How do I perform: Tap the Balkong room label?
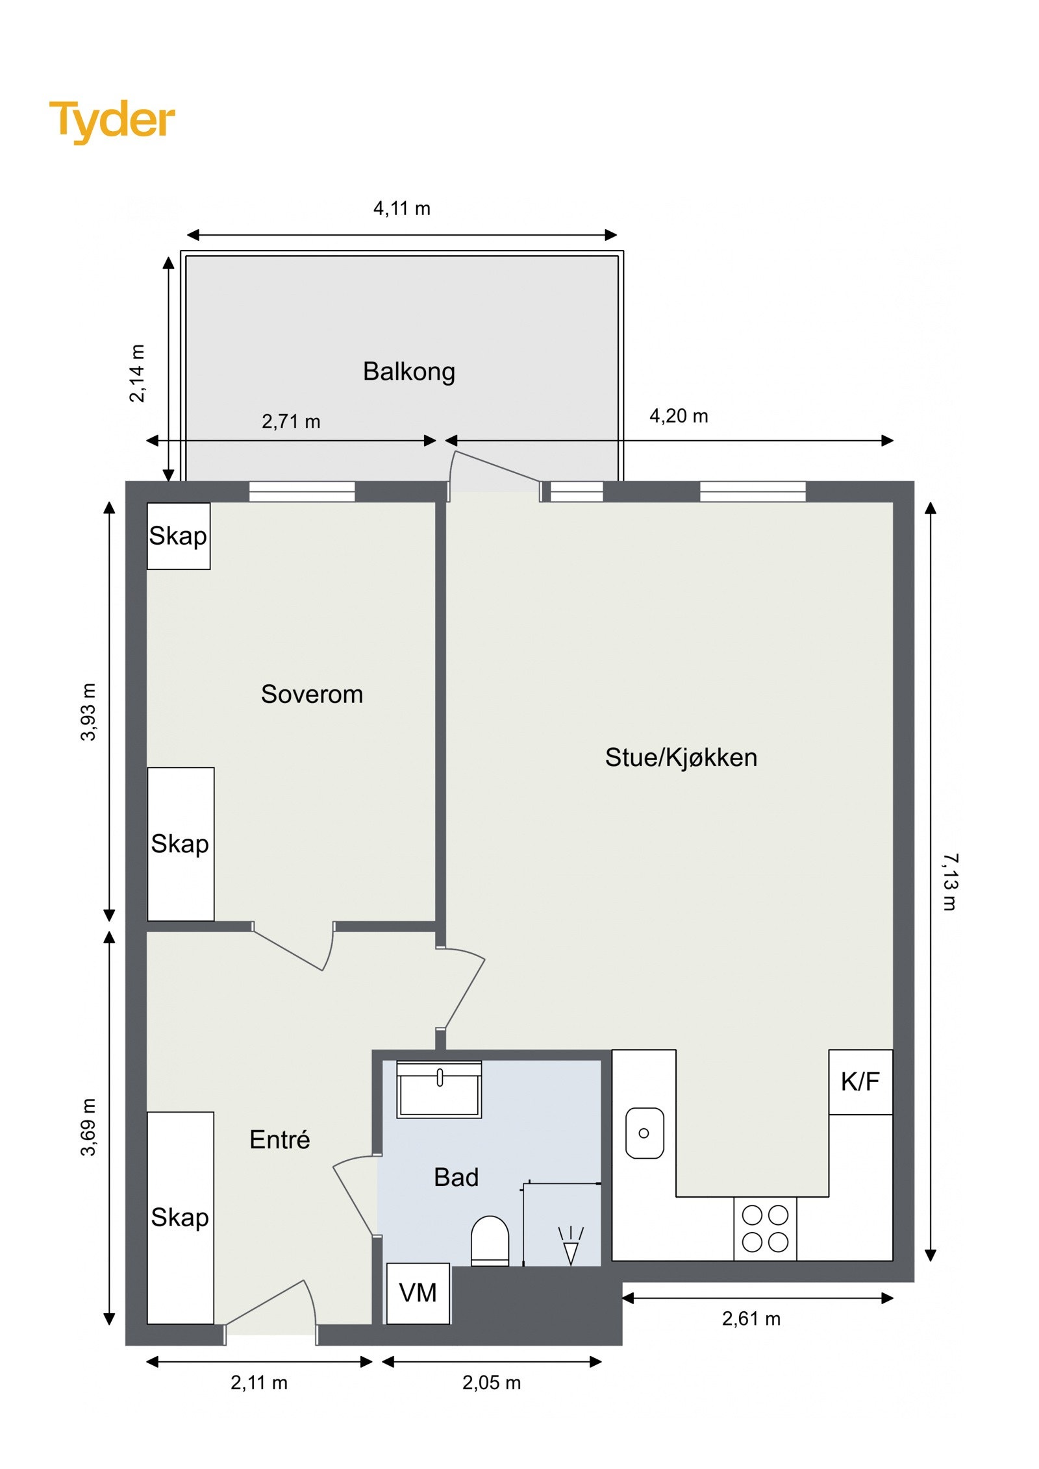[x=408, y=371]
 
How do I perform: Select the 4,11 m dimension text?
[x=401, y=208]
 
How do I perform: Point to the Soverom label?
[x=312, y=694]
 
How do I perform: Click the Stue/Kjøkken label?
[x=681, y=758]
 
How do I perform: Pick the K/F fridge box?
[x=860, y=1081]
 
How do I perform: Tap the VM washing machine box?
[x=418, y=1292]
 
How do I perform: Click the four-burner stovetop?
[x=764, y=1228]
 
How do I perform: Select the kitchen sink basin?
[x=644, y=1133]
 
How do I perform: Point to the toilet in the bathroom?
[x=489, y=1240]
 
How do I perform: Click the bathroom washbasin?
[x=439, y=1090]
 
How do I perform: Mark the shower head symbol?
[x=570, y=1245]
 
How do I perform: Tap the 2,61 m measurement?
[x=751, y=1319]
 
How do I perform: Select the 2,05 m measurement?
[x=491, y=1383]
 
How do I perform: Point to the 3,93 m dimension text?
[x=88, y=711]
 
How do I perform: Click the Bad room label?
[x=456, y=1178]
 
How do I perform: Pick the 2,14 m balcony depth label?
[x=138, y=373]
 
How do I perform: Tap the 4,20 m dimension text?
[x=678, y=416]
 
